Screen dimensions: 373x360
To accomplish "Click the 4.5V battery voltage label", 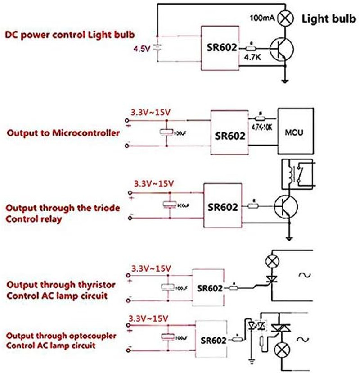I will (x=140, y=49).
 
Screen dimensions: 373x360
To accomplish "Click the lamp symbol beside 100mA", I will (x=285, y=19).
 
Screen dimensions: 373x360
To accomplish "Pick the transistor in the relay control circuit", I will (x=285, y=206).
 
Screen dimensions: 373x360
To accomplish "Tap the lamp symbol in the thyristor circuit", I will (x=272, y=260).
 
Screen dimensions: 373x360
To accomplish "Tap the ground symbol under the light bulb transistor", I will (x=285, y=81).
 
